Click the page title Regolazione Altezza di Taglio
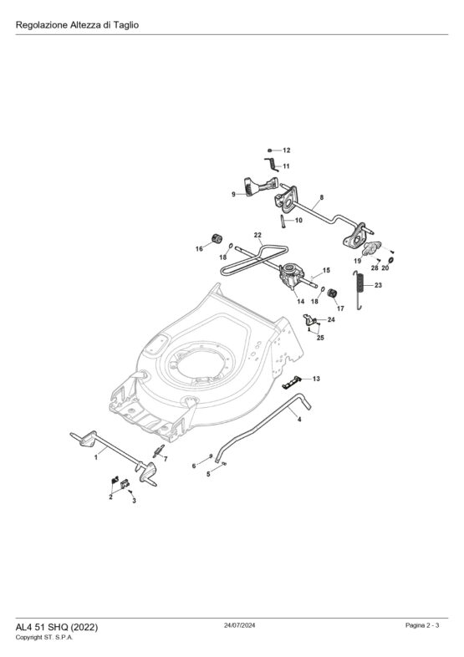(77, 25)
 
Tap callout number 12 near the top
(286, 150)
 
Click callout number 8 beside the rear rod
(322, 197)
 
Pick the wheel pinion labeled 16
(217, 239)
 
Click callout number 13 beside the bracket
(316, 379)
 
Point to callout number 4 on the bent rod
(298, 419)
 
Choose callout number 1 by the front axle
(96, 457)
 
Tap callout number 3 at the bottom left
(134, 501)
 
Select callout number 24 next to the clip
(331, 319)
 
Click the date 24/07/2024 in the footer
(239, 625)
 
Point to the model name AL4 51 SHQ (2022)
(57, 627)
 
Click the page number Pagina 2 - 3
(422, 625)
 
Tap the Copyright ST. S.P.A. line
(44, 637)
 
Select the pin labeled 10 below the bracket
(283, 221)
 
